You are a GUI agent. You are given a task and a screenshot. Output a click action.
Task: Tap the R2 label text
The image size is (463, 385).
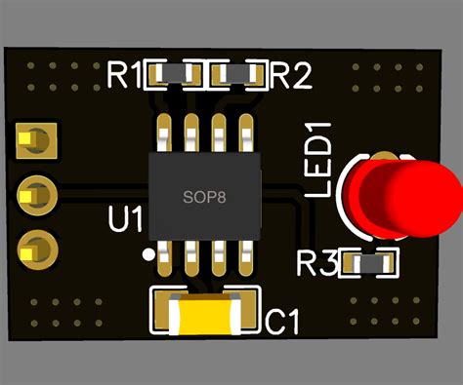290,75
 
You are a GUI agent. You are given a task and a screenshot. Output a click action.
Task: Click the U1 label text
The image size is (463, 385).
124,220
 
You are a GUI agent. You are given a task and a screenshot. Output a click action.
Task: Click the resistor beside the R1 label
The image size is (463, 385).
173,73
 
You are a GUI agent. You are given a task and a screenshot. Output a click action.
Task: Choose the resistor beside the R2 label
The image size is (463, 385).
238,73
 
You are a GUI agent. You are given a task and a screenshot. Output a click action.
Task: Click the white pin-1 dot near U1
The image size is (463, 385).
147,254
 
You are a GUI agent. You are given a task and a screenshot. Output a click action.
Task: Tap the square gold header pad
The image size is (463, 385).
36,142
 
